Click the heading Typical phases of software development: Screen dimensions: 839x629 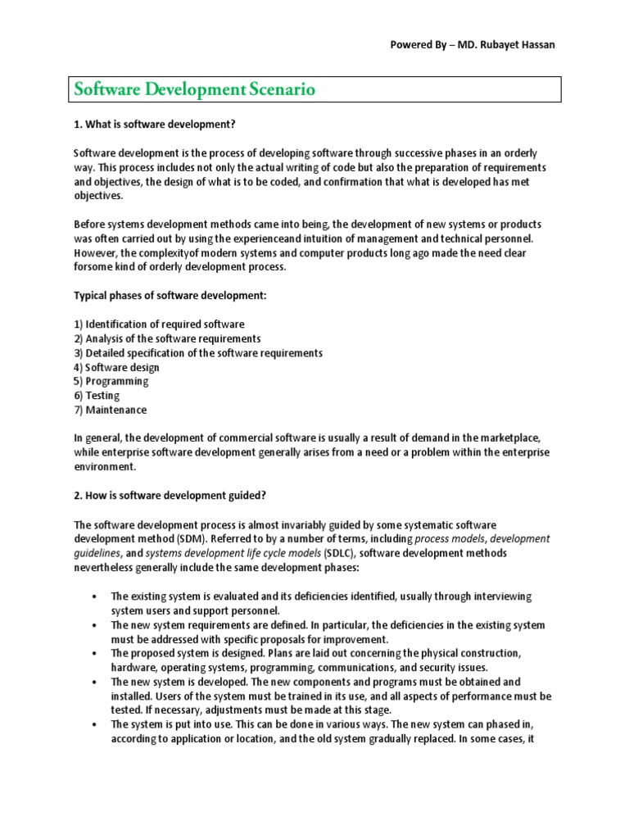coord(173,296)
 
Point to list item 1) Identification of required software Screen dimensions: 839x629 coord(159,324)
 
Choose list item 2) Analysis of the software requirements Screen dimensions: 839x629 coord(167,338)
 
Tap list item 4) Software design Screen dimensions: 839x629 coord(116,367)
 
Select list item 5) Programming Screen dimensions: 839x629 coord(111,381)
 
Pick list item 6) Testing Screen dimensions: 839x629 coord(97,395)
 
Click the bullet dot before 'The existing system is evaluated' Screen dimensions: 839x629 coord(95,596)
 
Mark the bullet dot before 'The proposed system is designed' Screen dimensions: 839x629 coord(95,654)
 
